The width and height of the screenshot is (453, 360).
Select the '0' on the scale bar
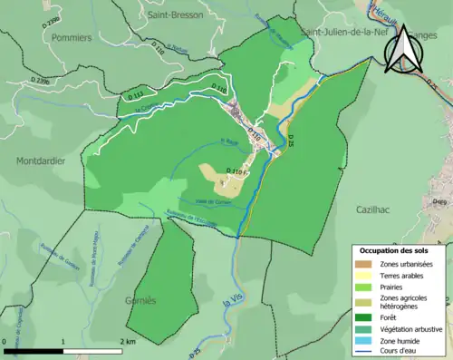pyautogui.click(x=5, y=341)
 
